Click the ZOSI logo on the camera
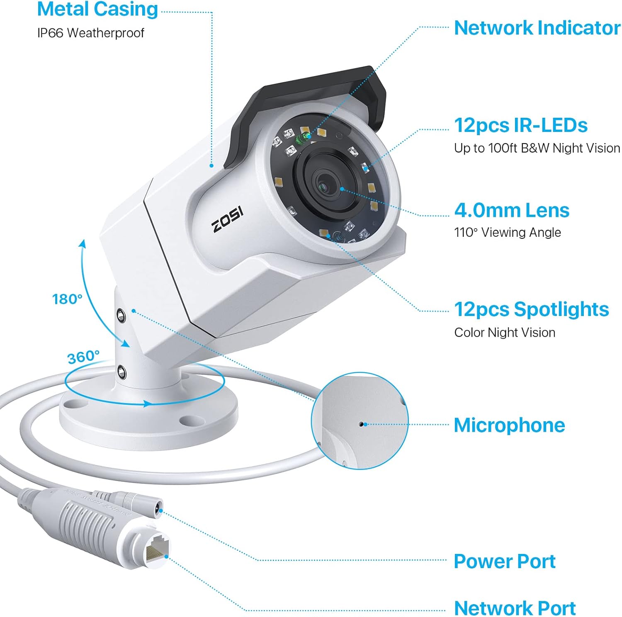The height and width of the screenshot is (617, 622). pyautogui.click(x=227, y=219)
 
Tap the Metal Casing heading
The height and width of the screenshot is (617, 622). pyautogui.click(x=97, y=9)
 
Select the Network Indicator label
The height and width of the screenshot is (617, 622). pyautogui.click(x=537, y=28)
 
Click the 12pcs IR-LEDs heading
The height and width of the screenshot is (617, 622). pyautogui.click(x=520, y=125)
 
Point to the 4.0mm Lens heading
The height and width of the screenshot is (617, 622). pyautogui.click(x=512, y=210)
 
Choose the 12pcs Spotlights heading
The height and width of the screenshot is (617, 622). pyautogui.click(x=531, y=309)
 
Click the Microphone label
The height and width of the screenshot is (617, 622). pyautogui.click(x=509, y=425)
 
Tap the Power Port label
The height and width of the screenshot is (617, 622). pyautogui.click(x=504, y=561)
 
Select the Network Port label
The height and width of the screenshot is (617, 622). pyautogui.click(x=515, y=608)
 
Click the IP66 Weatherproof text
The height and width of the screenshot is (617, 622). pyautogui.click(x=90, y=33)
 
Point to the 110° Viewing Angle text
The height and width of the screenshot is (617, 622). pyautogui.click(x=507, y=233)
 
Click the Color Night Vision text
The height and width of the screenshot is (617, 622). pyautogui.click(x=504, y=333)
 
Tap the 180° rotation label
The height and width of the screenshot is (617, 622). pyautogui.click(x=67, y=299)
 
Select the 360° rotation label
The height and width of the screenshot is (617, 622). pyautogui.click(x=83, y=357)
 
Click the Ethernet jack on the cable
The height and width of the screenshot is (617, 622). pyautogui.click(x=158, y=548)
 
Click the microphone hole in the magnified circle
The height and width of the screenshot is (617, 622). pyautogui.click(x=362, y=424)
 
